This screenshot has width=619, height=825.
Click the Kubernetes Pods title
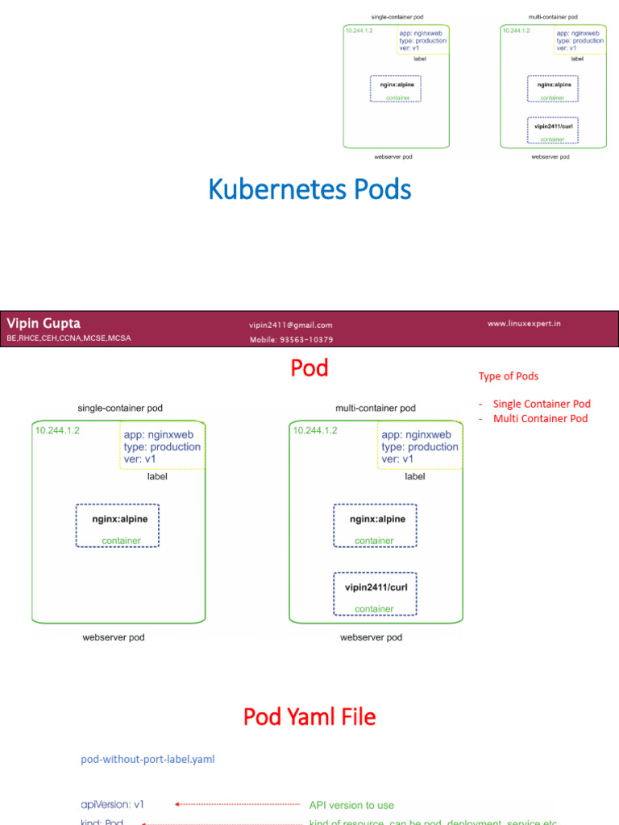tap(309, 190)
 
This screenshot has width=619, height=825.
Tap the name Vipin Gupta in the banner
tap(44, 323)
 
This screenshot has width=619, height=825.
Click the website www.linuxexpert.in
tap(524, 323)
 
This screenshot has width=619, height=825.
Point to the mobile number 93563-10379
tap(291, 339)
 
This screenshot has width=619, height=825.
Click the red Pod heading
tap(309, 368)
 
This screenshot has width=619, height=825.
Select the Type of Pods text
tap(509, 376)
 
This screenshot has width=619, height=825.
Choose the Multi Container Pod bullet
tap(540, 418)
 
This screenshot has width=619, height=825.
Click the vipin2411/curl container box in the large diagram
tap(375, 595)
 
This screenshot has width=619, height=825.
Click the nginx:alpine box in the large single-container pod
tap(118, 526)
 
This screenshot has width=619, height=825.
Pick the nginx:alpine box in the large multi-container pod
tap(375, 526)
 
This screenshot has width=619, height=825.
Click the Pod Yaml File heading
tap(309, 717)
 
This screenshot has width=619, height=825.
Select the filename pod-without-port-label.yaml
tap(148, 759)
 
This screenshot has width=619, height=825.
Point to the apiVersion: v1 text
tap(112, 804)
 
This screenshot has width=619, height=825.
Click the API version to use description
tap(351, 805)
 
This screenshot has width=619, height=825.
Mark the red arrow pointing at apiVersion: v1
tap(237, 804)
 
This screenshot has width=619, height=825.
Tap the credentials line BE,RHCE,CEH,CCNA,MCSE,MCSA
tap(69, 338)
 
